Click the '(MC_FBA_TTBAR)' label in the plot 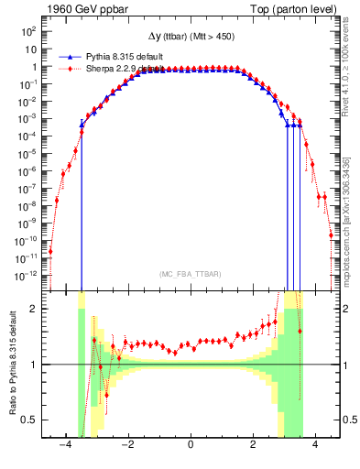pyautogui.click(x=191, y=274)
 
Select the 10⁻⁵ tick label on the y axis pyautogui.click(x=27, y=153)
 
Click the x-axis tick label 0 pyautogui.click(x=191, y=446)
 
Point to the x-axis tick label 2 pyautogui.click(x=253, y=446)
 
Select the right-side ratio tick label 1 pyautogui.click(x=345, y=365)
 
